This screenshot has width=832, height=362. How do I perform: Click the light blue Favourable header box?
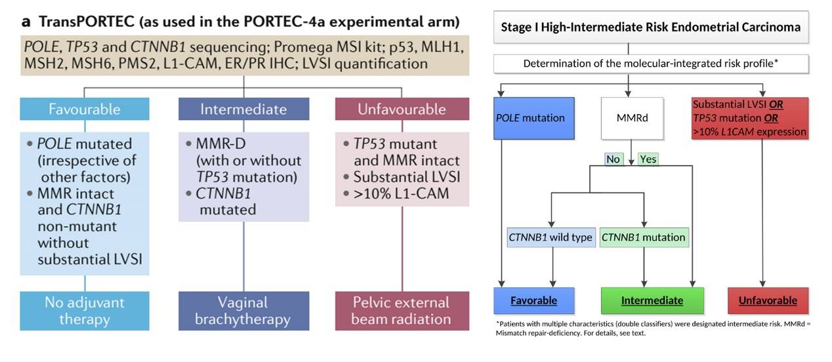[x=85, y=109]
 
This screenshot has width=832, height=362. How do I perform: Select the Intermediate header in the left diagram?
[x=243, y=109]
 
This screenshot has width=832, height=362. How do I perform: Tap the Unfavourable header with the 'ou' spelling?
[x=402, y=109]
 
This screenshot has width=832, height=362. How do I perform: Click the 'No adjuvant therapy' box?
[x=85, y=311]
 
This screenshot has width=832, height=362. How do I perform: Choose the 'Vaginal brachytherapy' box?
[x=243, y=311]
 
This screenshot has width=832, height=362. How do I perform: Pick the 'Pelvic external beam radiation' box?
[x=402, y=311]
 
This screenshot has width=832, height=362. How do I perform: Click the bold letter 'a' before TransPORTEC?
[x=26, y=22]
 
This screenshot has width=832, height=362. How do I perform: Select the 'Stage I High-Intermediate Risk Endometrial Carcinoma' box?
[x=650, y=28]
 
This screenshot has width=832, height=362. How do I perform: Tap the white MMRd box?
[x=629, y=119]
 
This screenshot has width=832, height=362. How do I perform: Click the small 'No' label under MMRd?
[x=614, y=159]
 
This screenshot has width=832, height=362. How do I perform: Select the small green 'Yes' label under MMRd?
[x=648, y=159]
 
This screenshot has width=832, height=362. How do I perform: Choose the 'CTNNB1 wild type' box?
[x=551, y=237]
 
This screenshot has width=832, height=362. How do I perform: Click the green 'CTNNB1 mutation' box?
[x=643, y=237]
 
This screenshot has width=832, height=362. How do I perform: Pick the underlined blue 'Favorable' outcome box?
[x=533, y=300]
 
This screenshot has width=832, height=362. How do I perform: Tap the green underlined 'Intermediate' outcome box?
[x=652, y=300]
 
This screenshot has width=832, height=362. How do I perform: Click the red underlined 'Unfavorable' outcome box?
[x=767, y=300]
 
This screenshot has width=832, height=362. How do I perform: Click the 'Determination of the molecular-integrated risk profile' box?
[x=652, y=64]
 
